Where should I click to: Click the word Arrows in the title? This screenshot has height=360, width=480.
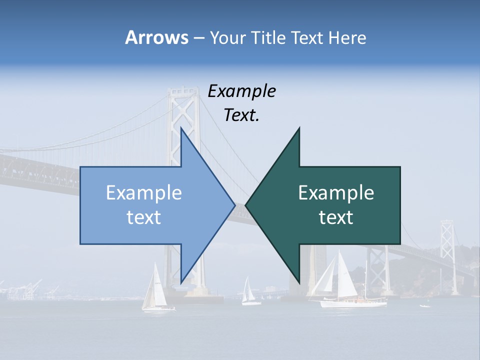point(156,37)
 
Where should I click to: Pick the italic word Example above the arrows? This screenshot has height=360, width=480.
point(241,91)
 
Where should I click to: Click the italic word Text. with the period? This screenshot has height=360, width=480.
point(241,115)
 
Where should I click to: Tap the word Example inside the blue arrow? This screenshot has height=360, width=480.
point(144,193)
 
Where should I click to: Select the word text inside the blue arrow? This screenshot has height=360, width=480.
point(144,217)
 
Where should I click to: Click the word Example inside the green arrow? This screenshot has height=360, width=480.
point(336,193)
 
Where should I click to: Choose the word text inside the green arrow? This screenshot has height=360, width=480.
point(336,217)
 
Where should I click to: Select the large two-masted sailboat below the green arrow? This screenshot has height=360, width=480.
point(345,282)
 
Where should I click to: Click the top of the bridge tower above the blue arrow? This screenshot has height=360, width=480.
point(183,93)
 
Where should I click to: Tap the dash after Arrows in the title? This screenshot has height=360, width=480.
point(198,38)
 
